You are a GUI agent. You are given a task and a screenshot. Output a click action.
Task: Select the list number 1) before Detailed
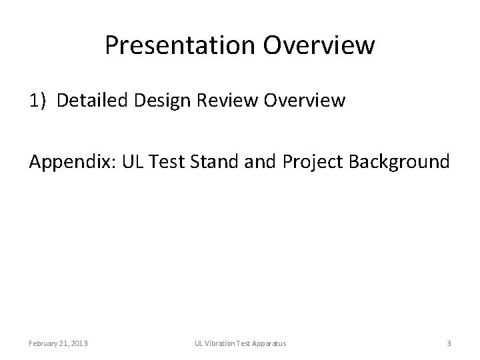[x=38, y=101]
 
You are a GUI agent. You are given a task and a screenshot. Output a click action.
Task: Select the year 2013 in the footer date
[x=78, y=343]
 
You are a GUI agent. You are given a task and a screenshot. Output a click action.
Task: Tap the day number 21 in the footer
[x=62, y=343]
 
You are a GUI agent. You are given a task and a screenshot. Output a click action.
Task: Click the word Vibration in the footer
[x=220, y=343]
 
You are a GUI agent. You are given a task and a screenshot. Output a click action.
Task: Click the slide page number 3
[x=449, y=343]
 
